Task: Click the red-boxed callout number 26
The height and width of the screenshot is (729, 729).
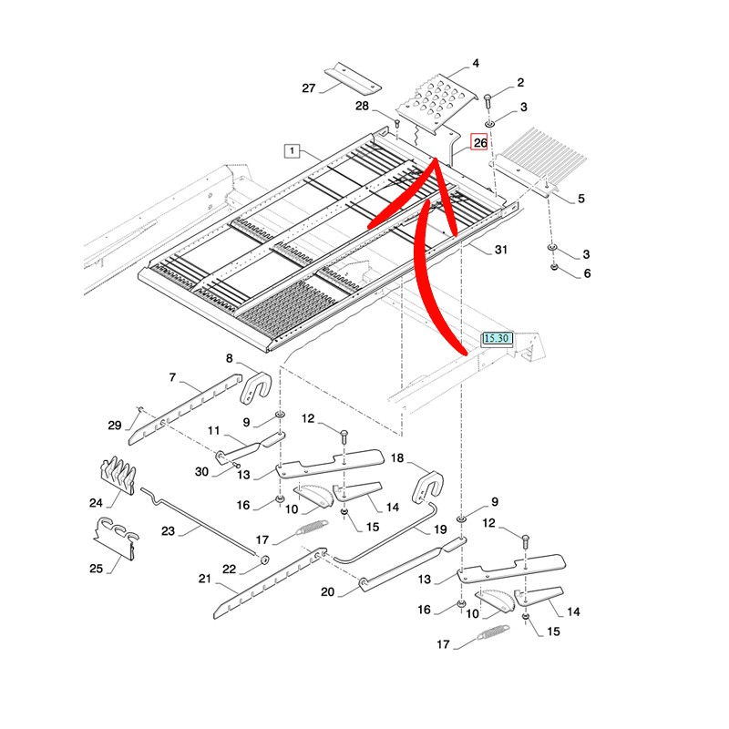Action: pyautogui.click(x=479, y=142)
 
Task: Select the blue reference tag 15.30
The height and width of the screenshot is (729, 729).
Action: pyautogui.click(x=498, y=338)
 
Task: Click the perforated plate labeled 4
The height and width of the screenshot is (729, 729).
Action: pyautogui.click(x=436, y=101)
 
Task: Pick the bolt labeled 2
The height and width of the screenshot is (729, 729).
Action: pyautogui.click(x=488, y=98)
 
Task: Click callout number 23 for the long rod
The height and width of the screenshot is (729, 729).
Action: pyautogui.click(x=167, y=529)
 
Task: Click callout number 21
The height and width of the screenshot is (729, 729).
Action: pyautogui.click(x=204, y=579)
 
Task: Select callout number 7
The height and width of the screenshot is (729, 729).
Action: pyautogui.click(x=171, y=376)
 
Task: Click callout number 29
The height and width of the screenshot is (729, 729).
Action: pyautogui.click(x=114, y=426)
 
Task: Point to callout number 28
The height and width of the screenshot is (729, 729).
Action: pyautogui.click(x=362, y=107)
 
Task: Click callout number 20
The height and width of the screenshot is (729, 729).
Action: pyautogui.click(x=328, y=592)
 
